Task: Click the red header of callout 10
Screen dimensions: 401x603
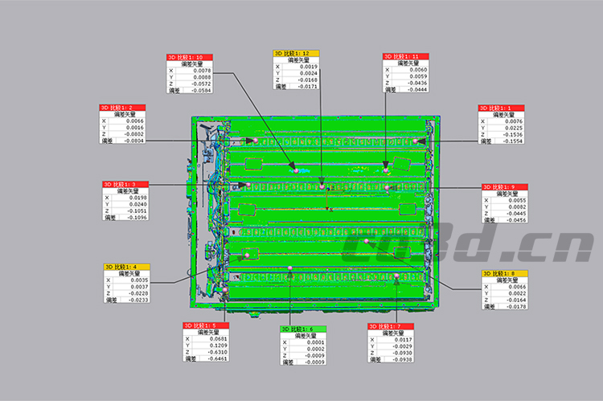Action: pyautogui.click(x=190, y=58)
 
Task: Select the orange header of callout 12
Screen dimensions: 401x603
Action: pyautogui.click(x=296, y=53)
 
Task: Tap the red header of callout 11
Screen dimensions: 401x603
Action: pyautogui.click(x=406, y=57)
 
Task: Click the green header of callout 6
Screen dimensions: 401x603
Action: pyautogui.click(x=303, y=329)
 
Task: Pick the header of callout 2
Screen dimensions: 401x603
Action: pyautogui.click(x=123, y=108)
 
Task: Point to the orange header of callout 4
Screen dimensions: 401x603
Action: pyautogui.click(x=126, y=267)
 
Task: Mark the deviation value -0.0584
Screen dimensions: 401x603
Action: pyautogui.click(x=201, y=91)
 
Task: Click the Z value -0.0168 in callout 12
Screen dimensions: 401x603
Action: pyautogui.click(x=308, y=80)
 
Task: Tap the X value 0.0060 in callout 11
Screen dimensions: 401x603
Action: pyautogui.click(x=418, y=70)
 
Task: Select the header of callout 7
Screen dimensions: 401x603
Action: pyautogui.click(x=391, y=326)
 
